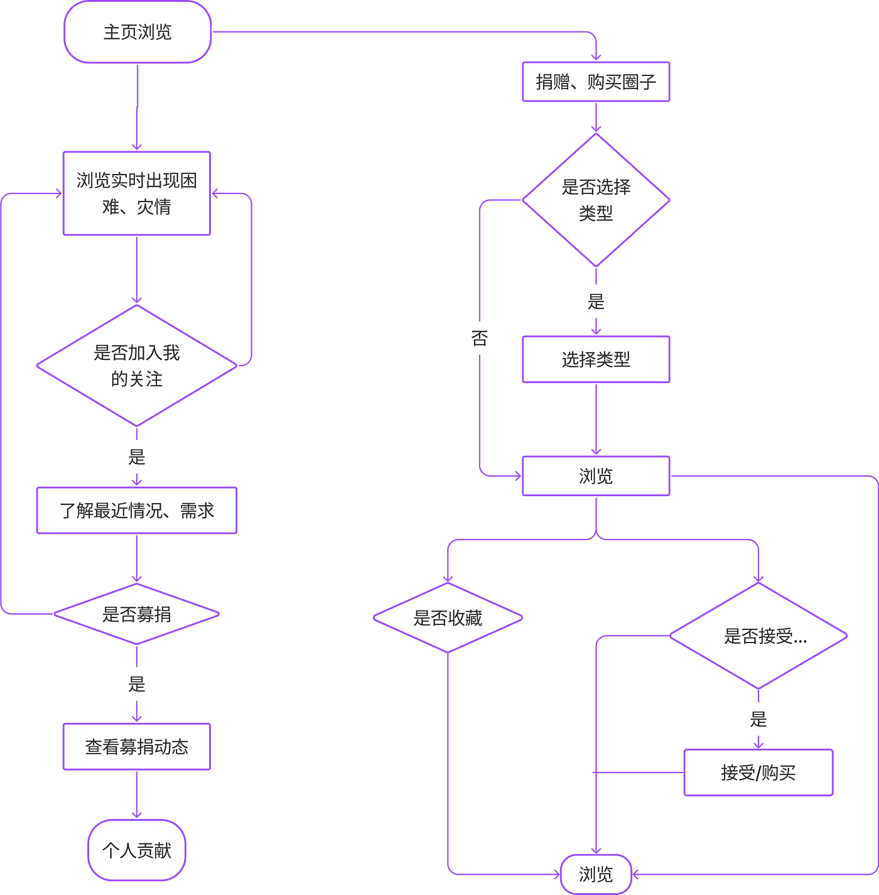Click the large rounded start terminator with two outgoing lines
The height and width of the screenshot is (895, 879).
tap(138, 32)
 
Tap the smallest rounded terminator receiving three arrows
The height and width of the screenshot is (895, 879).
tap(596, 874)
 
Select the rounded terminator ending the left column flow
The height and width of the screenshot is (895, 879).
tap(137, 850)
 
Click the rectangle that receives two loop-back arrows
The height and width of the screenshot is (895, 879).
tap(137, 193)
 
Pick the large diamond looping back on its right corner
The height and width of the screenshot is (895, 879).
tap(137, 365)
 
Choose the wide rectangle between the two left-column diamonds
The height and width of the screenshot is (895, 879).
tap(137, 510)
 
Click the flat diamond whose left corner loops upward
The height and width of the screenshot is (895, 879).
tap(137, 614)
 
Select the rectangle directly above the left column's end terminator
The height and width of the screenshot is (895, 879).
tap(137, 746)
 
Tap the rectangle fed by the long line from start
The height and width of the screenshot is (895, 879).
tap(596, 82)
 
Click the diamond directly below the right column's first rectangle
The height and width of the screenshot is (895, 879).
tap(596, 200)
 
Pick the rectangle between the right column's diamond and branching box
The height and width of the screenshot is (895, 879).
tap(596, 359)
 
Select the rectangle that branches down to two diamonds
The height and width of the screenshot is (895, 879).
tap(596, 476)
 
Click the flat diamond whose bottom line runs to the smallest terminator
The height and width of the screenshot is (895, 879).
tap(448, 618)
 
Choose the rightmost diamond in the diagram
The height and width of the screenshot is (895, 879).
tap(758, 636)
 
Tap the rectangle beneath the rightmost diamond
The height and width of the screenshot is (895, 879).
tap(758, 773)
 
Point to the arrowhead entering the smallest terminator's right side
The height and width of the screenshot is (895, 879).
tap(635, 874)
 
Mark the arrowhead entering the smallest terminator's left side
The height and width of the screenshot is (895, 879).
tap(557, 874)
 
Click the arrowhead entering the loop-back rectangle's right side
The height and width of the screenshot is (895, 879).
tap(215, 193)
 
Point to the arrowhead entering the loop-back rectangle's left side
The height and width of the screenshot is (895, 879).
tap(59, 194)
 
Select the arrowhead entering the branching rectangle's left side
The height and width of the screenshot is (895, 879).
tap(519, 477)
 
